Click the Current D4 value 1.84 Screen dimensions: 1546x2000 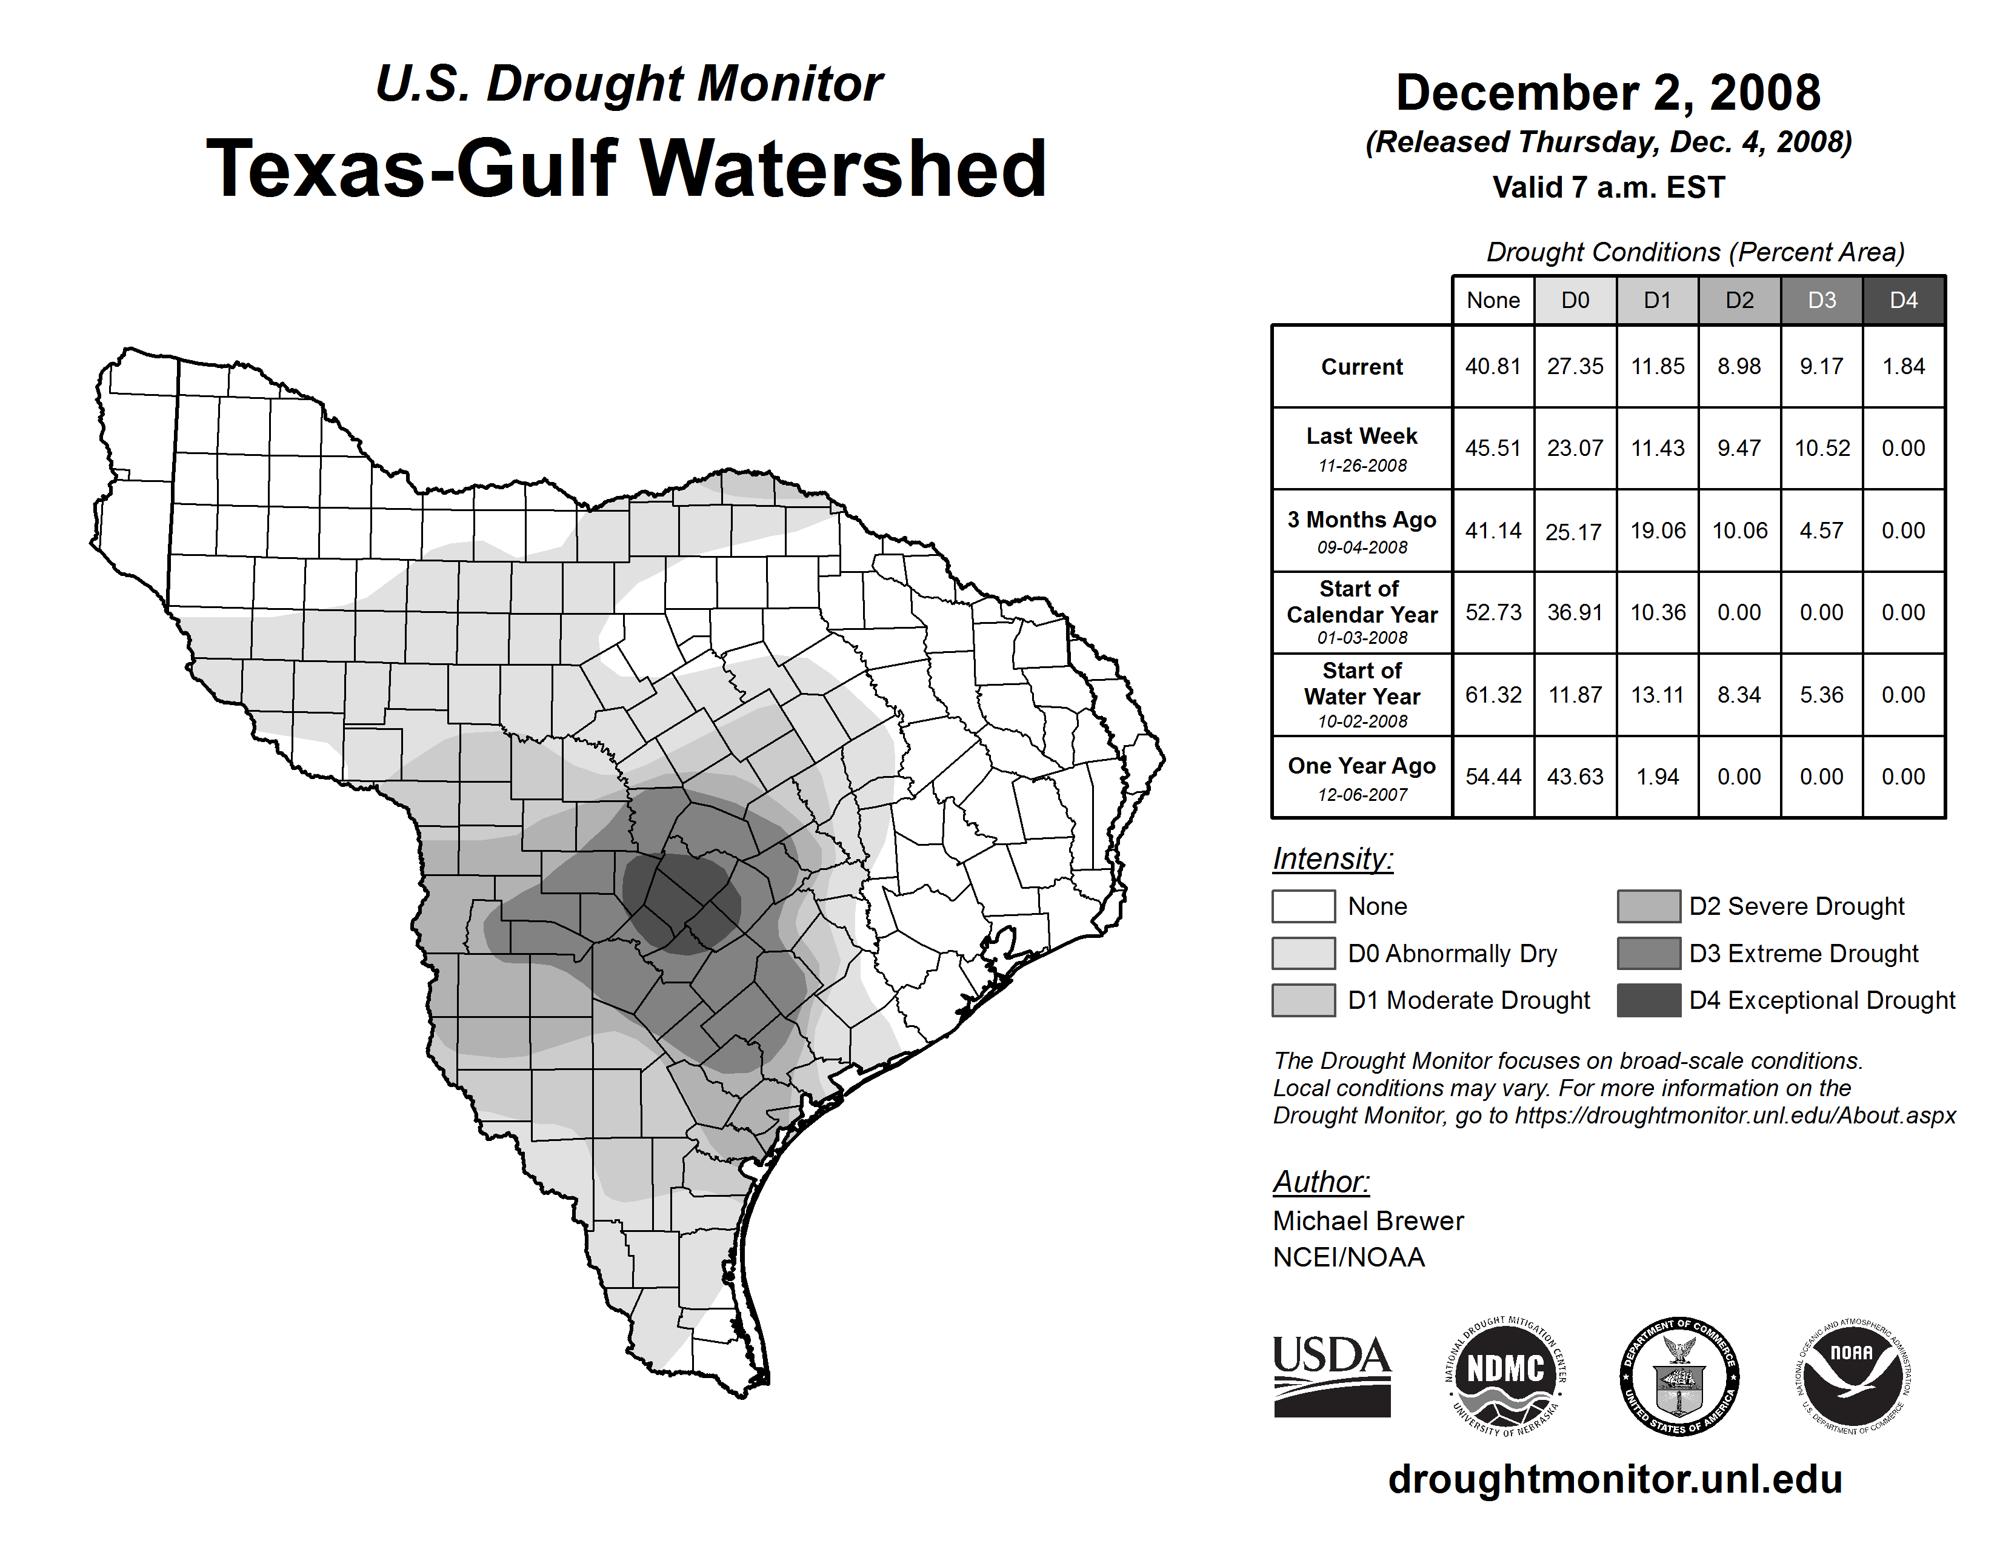tap(1903, 366)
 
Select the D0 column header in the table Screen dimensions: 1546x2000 tap(1575, 300)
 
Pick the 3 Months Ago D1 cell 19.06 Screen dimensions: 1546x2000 tap(1658, 530)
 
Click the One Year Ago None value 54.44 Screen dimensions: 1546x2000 tap(1493, 777)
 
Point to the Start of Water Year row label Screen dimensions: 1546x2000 tap(1362, 695)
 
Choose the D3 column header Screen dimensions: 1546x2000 tap(1821, 300)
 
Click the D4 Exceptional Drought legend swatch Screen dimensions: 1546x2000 tap(1648, 1000)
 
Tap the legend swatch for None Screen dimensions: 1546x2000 tap(1303, 906)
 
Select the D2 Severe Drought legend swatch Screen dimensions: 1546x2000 tap(1648, 906)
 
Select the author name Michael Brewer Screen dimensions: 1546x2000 tap(1368, 1221)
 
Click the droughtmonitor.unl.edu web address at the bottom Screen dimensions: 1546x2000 tap(1615, 1479)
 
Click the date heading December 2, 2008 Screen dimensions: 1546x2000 tap(1608, 93)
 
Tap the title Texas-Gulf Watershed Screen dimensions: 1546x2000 tap(627, 169)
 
